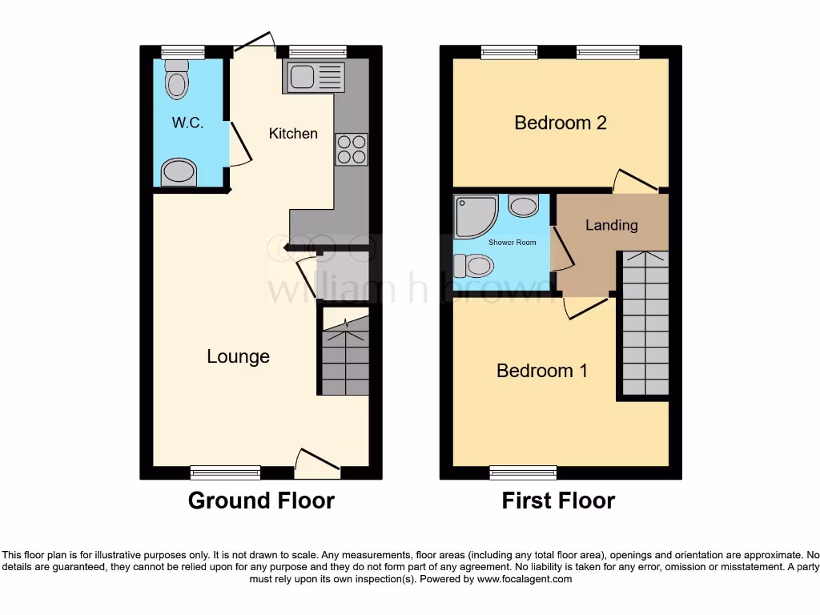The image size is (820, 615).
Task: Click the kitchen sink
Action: coord(314,78)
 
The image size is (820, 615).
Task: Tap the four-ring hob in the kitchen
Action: coord(351,149)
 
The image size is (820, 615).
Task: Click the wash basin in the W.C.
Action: coord(178,171)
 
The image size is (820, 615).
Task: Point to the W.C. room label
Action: coord(187,123)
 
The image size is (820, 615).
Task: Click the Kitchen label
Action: coord(293,134)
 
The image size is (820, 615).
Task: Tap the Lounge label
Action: coord(238,356)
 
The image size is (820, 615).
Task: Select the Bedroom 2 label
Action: coord(560,123)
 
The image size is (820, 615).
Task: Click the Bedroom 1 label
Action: coord(542,371)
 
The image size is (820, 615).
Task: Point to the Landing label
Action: coord(611,225)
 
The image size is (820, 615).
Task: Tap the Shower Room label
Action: coord(512,242)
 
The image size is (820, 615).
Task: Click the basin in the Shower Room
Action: coord(524,206)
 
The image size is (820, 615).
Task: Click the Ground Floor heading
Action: coord(261,500)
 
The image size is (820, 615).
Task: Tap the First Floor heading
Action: coord(558,500)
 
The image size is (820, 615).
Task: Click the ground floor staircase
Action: coord(345,353)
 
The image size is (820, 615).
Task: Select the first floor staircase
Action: coord(645,324)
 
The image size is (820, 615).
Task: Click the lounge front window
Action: coord(225,472)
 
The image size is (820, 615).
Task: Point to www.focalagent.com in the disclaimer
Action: coord(525,579)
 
